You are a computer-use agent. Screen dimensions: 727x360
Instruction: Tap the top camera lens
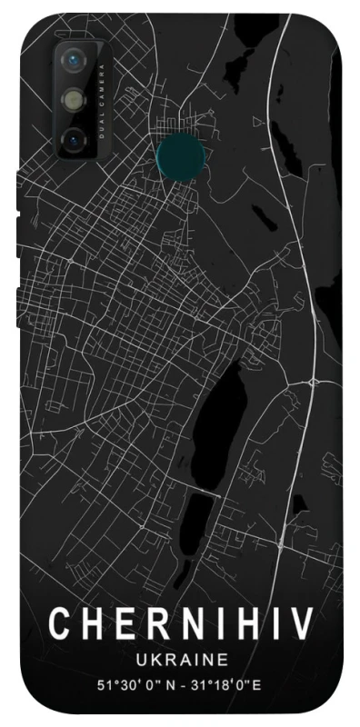click(74, 62)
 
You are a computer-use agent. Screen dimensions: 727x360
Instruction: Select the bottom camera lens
click(74, 138)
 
